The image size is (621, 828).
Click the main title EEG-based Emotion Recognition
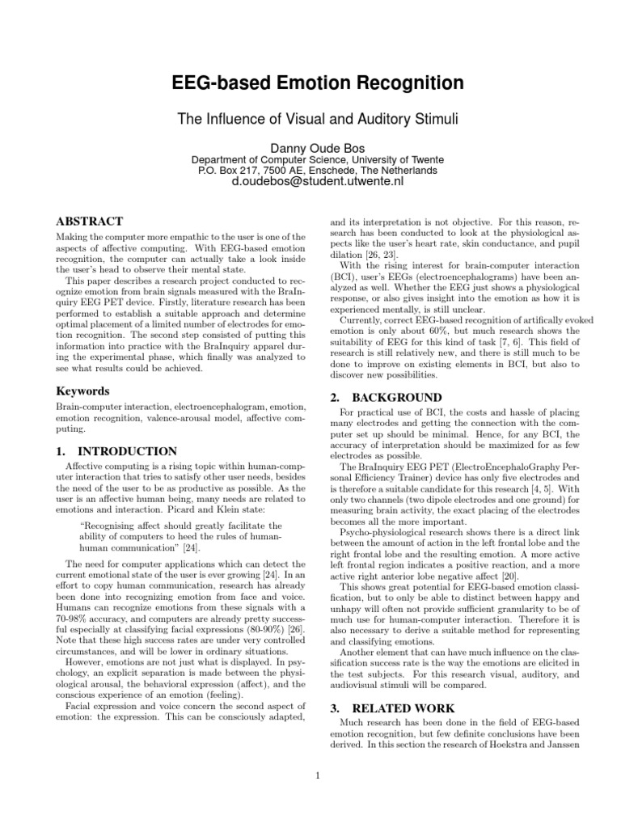point(317,83)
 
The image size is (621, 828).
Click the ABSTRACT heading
point(88,221)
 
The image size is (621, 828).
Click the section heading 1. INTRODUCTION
point(115,451)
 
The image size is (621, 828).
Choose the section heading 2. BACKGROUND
point(387,398)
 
